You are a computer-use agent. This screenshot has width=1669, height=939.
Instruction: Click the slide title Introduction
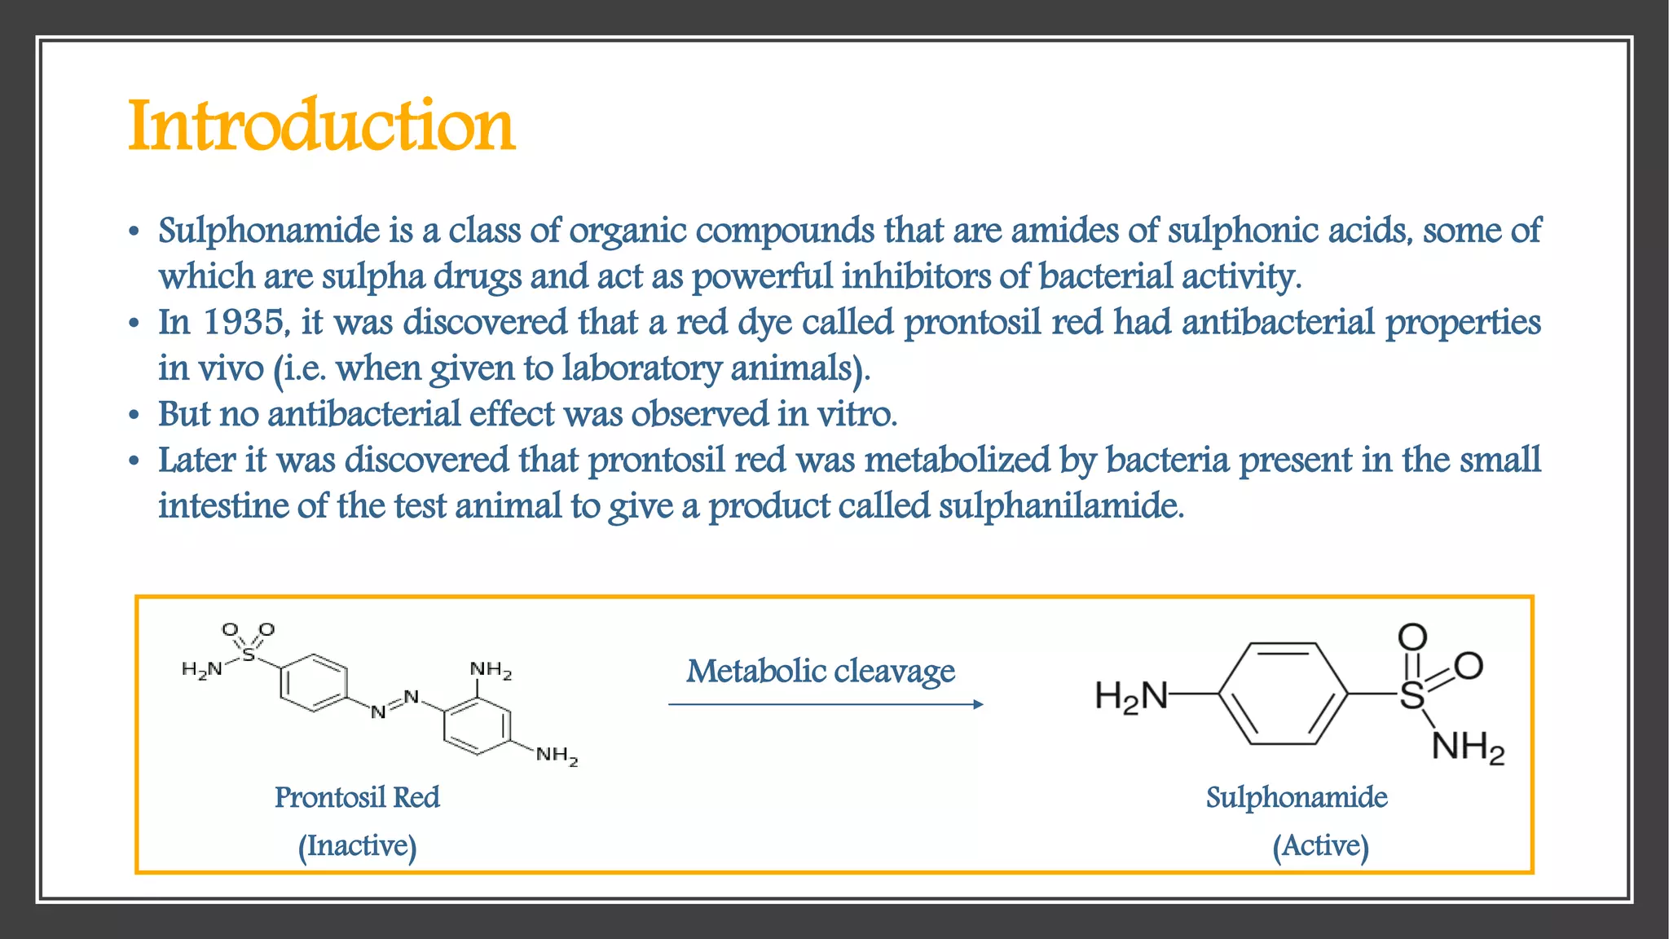click(322, 126)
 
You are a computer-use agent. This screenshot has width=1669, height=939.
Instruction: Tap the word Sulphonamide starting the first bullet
click(269, 231)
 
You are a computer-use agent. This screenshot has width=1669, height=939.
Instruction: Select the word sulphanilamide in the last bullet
click(1061, 506)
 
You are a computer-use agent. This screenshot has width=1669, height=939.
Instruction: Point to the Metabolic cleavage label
click(820, 671)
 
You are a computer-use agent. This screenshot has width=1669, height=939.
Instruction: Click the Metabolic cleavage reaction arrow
click(825, 704)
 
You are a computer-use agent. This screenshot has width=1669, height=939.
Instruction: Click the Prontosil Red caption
click(357, 797)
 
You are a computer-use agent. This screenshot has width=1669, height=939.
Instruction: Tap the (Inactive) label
click(357, 845)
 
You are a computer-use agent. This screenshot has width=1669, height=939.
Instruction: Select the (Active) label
click(1320, 845)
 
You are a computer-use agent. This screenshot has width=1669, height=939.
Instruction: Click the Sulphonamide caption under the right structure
click(1297, 797)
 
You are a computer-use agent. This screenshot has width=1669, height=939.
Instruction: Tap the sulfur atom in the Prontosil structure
click(249, 654)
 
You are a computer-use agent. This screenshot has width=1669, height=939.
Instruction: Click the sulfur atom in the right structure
click(1412, 695)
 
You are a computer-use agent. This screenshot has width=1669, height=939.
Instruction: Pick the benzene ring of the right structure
click(1283, 694)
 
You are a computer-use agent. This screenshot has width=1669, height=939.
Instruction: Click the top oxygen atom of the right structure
click(1412, 637)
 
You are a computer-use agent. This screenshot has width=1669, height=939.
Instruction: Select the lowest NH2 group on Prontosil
click(557, 756)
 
